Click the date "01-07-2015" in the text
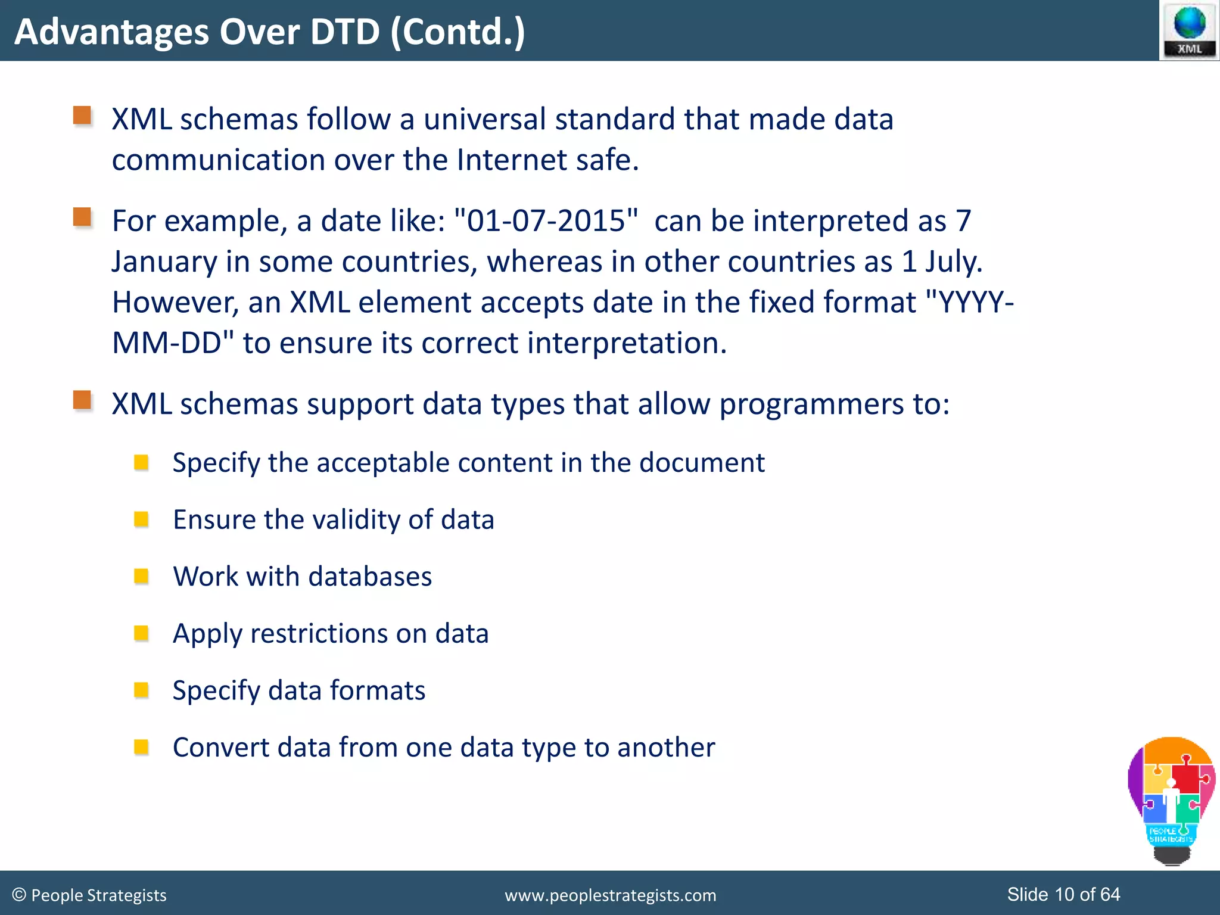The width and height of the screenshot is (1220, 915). point(546,221)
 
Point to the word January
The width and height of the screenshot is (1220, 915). point(164,262)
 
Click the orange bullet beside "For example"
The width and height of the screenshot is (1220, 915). point(82,217)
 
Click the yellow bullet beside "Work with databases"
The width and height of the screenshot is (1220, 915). point(141,576)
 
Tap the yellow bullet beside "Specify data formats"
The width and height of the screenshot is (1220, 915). point(141,690)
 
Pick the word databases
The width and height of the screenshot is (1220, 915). point(370,577)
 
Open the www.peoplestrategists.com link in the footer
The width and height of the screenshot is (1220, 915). point(610,895)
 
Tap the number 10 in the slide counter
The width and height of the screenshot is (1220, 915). point(1064,894)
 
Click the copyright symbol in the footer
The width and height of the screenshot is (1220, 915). point(19,895)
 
